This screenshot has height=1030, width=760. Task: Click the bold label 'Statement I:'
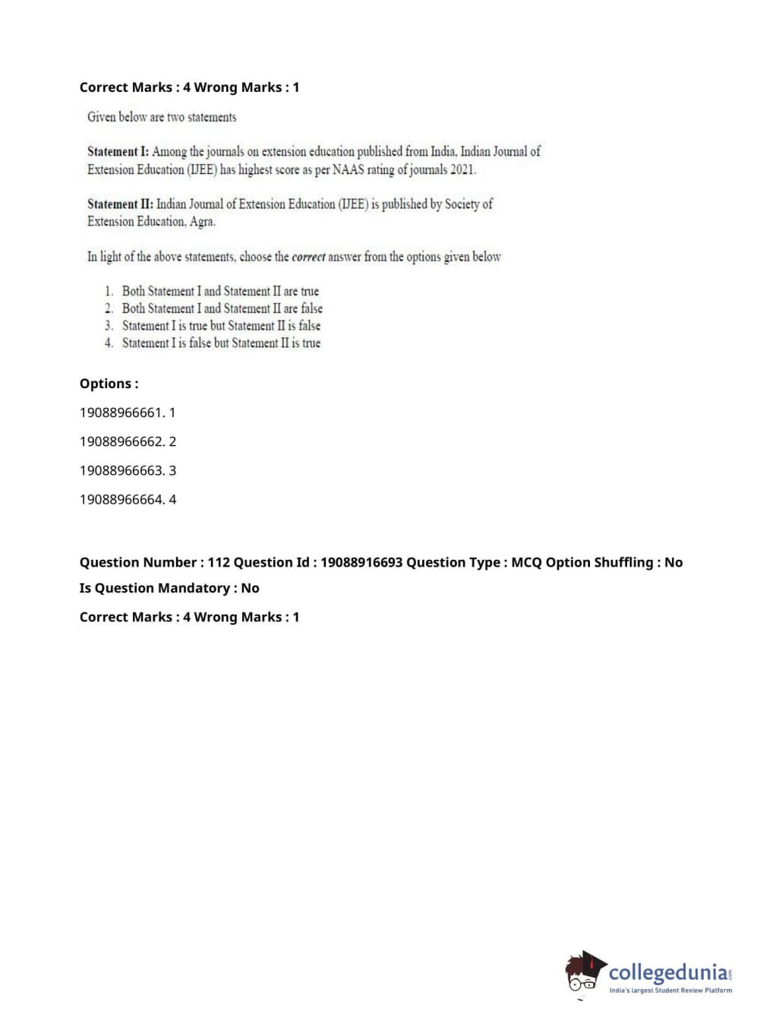coord(118,152)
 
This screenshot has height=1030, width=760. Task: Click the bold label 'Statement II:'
coord(120,204)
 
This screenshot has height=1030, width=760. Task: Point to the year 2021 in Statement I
coord(462,169)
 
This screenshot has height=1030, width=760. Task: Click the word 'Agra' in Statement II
coord(202,222)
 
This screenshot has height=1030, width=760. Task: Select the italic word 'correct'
coord(308,257)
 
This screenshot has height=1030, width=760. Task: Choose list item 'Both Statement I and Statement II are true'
coord(220,291)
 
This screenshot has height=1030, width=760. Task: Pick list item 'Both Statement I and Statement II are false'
coord(222,308)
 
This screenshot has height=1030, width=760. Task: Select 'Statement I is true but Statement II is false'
coord(221,326)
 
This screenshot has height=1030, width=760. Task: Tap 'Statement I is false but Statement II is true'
coord(221,343)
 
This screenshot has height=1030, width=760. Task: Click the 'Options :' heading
coord(109,384)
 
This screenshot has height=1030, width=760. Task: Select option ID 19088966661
coord(121,412)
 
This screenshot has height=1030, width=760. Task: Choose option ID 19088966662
coord(121,441)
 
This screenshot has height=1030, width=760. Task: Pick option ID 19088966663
coord(121,470)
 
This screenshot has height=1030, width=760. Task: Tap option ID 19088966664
coord(121,499)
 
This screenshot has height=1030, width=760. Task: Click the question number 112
coord(219,562)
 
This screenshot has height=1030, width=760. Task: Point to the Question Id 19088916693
coord(361,562)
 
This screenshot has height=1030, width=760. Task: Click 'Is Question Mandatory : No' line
coord(169,588)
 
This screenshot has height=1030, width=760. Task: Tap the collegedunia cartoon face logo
coord(584,973)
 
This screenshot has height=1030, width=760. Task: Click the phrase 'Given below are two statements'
coord(162,117)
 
